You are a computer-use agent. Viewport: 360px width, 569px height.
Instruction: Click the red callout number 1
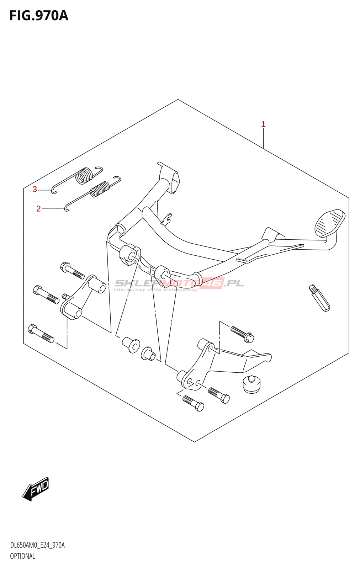pyautogui.click(x=263, y=124)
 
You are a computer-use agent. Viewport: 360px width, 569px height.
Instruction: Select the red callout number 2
pyautogui.click(x=38, y=209)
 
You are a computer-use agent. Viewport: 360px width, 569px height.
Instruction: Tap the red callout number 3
pyautogui.click(x=35, y=189)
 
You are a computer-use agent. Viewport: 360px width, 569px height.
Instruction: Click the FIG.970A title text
pyautogui.click(x=39, y=16)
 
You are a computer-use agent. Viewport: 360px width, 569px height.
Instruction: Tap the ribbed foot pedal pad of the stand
pyautogui.click(x=330, y=223)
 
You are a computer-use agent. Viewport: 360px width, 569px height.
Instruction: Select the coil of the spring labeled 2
pyautogui.click(x=100, y=189)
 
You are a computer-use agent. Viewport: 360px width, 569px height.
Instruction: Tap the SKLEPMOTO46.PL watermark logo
pyautogui.click(x=179, y=284)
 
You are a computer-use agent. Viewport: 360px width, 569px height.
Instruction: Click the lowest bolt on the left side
pyautogui.click(x=41, y=334)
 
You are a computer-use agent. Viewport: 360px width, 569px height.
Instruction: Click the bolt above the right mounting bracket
pyautogui.click(x=242, y=334)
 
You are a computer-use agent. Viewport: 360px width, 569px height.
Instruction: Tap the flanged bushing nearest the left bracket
pyautogui.click(x=131, y=345)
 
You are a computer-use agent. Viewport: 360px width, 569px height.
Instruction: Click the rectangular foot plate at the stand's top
pyautogui.click(x=169, y=177)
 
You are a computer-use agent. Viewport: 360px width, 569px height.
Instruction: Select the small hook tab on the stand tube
pyautogui.click(x=167, y=219)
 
